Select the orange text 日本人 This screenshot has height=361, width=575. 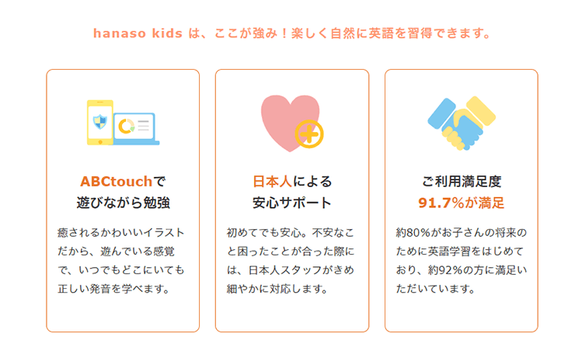272,182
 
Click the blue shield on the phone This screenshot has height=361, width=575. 99,120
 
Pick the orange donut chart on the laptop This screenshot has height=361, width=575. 125,124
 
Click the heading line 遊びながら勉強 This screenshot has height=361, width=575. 123,203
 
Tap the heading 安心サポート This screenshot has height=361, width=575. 292,203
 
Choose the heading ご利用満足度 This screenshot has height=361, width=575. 462,182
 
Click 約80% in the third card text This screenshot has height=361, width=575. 416,233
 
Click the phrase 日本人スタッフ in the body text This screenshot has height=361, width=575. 294,270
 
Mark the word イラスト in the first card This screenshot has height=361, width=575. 164,233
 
